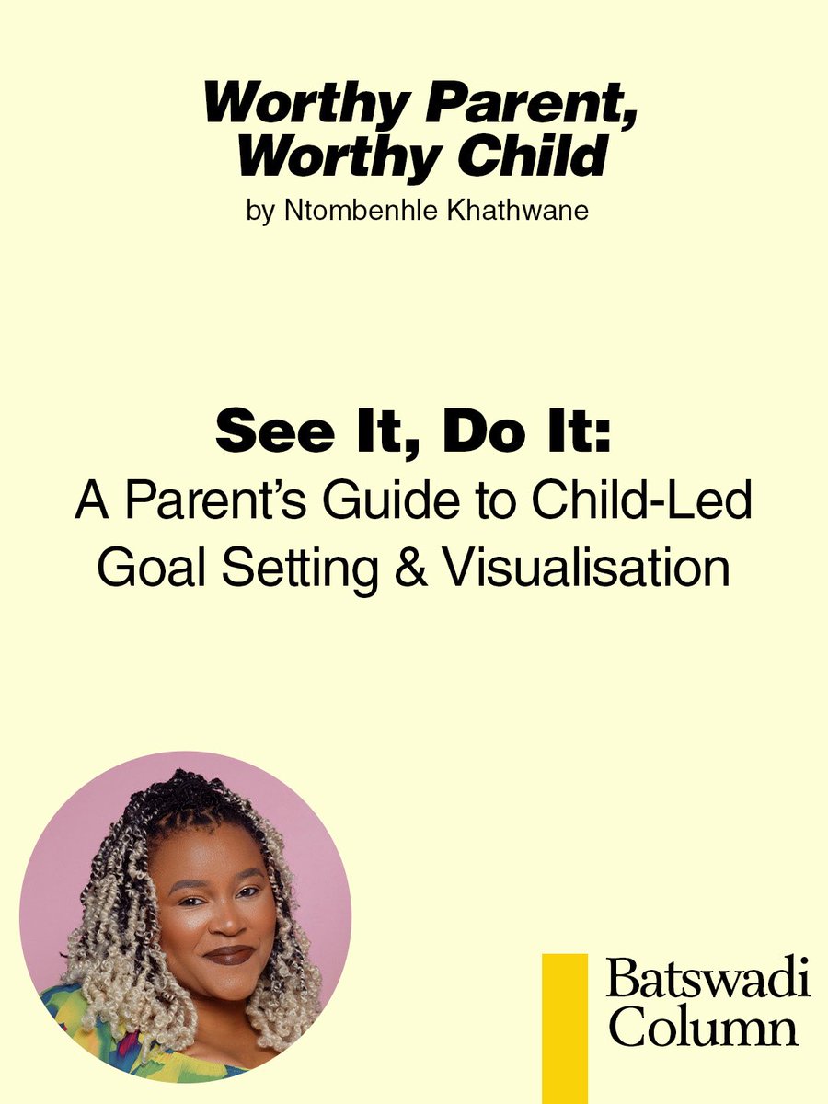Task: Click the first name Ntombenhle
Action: coord(342,211)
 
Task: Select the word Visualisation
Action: coord(587,568)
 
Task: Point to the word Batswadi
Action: coord(707,981)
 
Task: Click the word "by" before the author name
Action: coord(260,212)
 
